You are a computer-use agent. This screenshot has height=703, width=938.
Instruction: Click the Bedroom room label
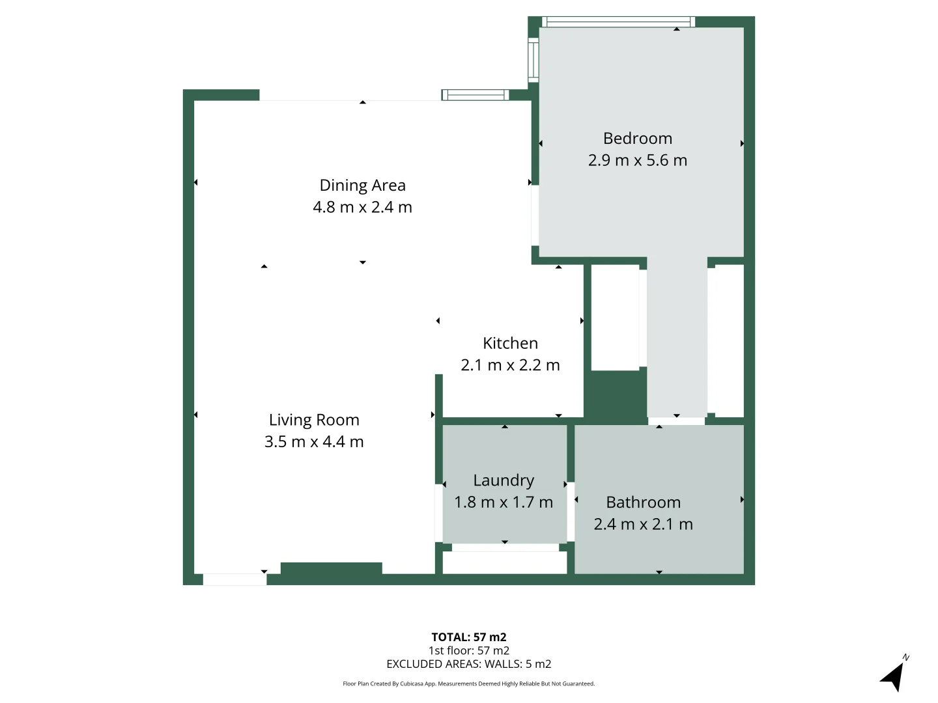pos(637,139)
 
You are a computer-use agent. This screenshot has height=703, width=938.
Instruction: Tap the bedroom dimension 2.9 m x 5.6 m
pos(637,160)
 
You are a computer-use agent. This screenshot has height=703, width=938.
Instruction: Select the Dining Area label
pos(362,186)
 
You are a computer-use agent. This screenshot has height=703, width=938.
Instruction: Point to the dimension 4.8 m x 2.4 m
pos(362,207)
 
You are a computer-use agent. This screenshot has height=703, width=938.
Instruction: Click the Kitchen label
pos(510,343)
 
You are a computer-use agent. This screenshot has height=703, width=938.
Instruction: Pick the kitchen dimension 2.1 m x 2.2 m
pos(510,365)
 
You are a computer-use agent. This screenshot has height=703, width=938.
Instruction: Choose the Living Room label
pos(314,420)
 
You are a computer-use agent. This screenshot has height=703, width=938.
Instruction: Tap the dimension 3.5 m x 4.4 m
pos(314,442)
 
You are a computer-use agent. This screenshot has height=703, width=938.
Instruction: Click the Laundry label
pos(504,480)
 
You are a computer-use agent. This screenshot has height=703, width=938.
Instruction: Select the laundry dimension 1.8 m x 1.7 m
pos(504,503)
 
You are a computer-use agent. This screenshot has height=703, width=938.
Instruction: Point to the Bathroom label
pos(643,503)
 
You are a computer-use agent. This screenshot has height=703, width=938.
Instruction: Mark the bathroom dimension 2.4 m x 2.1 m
pos(643,524)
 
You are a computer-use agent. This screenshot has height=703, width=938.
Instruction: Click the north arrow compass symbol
pos(894,676)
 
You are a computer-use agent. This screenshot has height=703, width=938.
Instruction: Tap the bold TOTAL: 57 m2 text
pos(468,637)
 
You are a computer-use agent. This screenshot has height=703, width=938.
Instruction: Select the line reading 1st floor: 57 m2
pos(468,650)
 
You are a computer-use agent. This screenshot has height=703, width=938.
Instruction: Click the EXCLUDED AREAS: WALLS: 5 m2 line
pos(468,664)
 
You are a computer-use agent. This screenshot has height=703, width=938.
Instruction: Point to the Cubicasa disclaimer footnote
pos(468,683)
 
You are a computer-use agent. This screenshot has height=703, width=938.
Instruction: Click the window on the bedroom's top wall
pos(618,22)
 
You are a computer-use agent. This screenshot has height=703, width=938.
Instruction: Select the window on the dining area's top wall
pos(475,95)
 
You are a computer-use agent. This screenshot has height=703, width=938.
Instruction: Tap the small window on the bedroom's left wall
pos(533,60)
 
